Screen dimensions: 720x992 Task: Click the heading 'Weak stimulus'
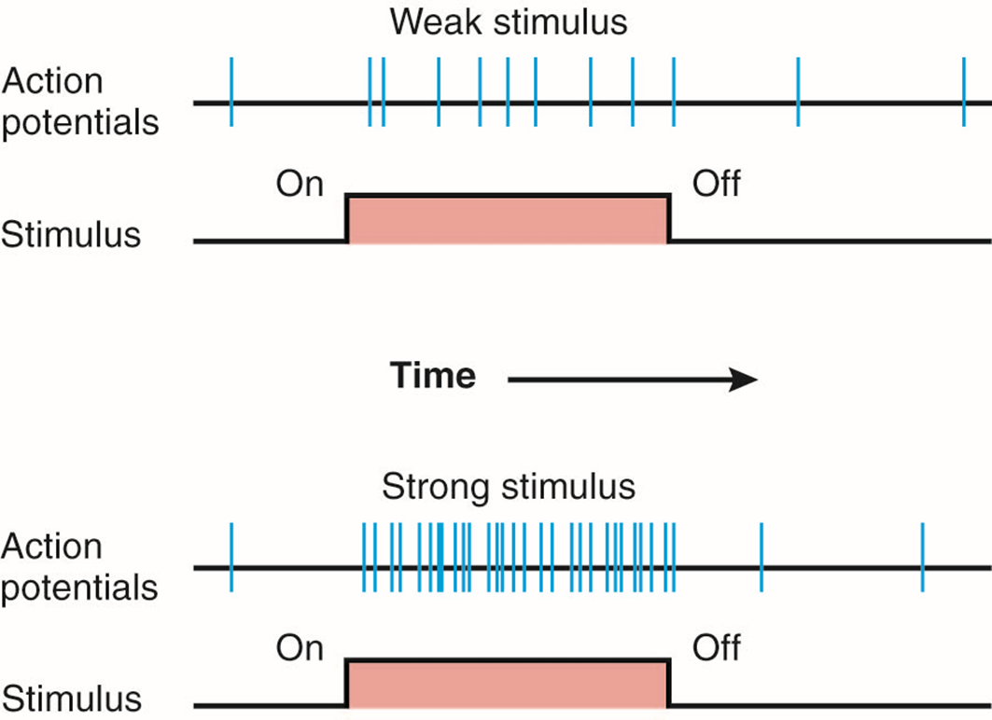pyautogui.click(x=509, y=22)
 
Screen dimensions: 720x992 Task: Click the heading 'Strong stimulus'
pyautogui.click(x=509, y=487)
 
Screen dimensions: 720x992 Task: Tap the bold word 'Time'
pyautogui.click(x=433, y=376)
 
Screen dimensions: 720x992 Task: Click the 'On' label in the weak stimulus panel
pyautogui.click(x=300, y=184)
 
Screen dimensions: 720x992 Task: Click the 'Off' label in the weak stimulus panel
pyautogui.click(x=716, y=184)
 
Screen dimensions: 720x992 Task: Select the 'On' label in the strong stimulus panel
pyautogui.click(x=300, y=647)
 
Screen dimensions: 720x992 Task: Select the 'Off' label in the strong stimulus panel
pyautogui.click(x=716, y=647)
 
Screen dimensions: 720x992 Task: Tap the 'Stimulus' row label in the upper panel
pyautogui.click(x=71, y=234)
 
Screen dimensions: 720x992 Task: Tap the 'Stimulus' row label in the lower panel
pyautogui.click(x=71, y=699)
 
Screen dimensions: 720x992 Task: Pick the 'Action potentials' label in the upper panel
pyautogui.click(x=78, y=102)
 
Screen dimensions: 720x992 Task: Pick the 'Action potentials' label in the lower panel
pyautogui.click(x=78, y=566)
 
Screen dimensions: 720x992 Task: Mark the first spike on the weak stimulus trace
pyautogui.click(x=231, y=91)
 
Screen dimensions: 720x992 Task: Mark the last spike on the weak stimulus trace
pyautogui.click(x=963, y=91)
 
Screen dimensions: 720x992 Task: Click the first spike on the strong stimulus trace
pyautogui.click(x=231, y=557)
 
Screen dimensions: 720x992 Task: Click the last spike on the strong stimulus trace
pyautogui.click(x=922, y=557)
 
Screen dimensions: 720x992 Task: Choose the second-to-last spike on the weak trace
pyautogui.click(x=798, y=91)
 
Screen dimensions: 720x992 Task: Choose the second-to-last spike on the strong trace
pyautogui.click(x=761, y=557)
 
